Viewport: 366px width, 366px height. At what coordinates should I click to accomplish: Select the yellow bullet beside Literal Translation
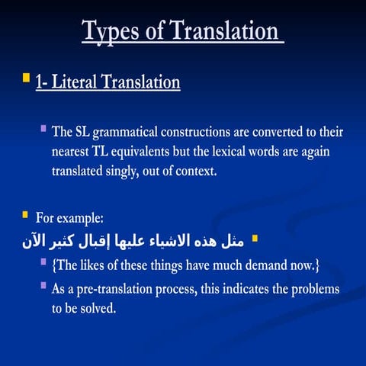pos(26,78)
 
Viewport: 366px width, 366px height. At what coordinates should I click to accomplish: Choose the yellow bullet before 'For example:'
pos(25,214)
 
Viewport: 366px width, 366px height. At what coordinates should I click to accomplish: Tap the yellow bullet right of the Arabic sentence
pos(255,239)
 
